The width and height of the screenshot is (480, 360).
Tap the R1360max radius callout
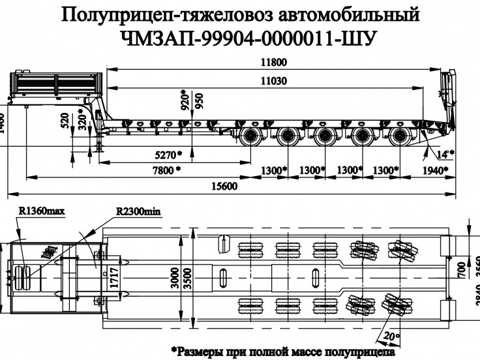coord(42,211)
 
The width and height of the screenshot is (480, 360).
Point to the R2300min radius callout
coord(138,211)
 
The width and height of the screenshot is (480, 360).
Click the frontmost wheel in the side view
coord(250,138)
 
